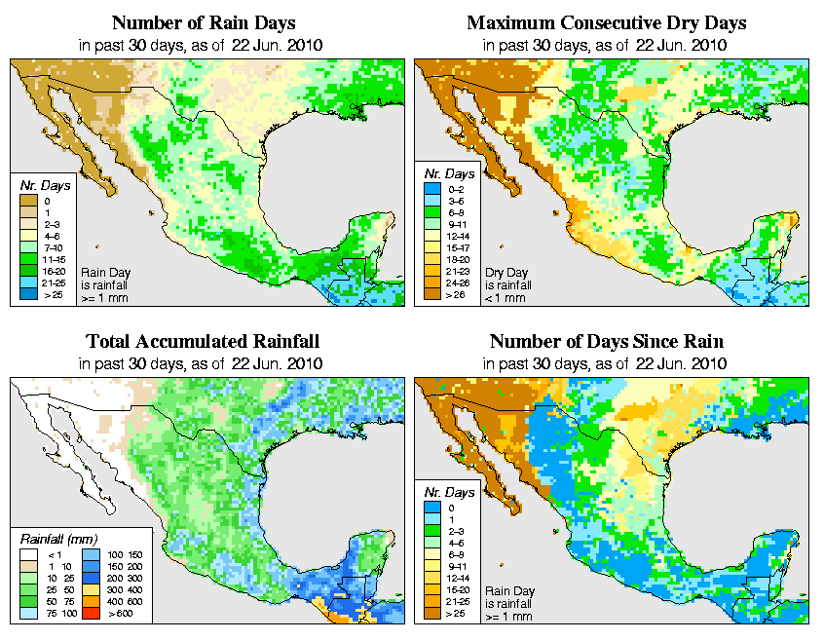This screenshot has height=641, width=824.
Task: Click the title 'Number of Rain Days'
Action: [x=203, y=22]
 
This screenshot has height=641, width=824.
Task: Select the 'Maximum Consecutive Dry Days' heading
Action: [x=607, y=22]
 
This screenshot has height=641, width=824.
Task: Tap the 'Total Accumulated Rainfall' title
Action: [x=203, y=342]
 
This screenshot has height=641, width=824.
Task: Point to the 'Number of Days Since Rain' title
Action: [x=607, y=342]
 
